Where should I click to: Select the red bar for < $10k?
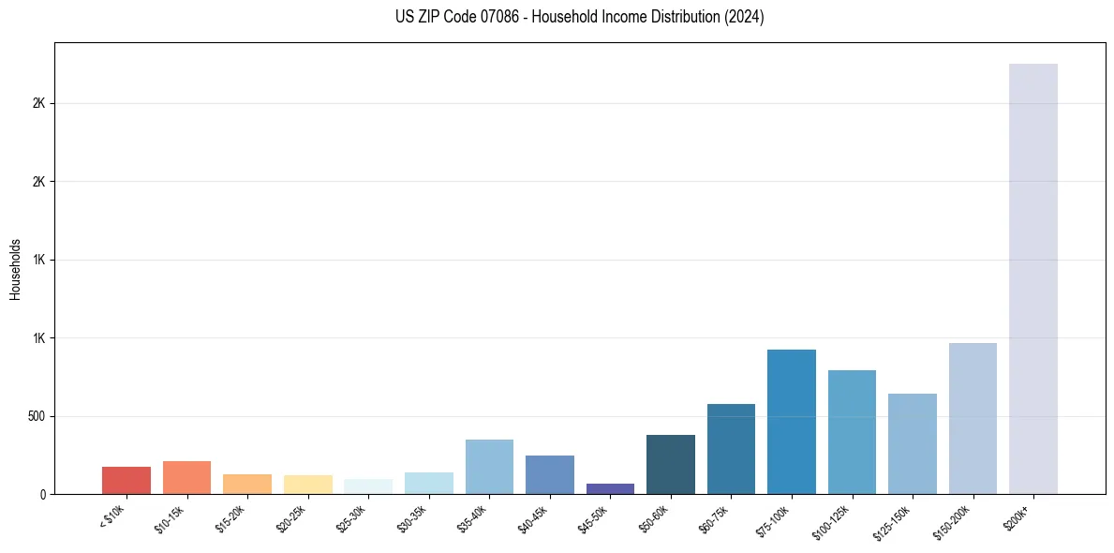pyautogui.click(x=126, y=480)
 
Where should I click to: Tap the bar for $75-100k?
pyautogui.click(x=792, y=422)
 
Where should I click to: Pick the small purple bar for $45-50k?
pyautogui.click(x=610, y=488)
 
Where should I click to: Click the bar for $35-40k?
pyautogui.click(x=489, y=467)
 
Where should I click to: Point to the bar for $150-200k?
pyautogui.click(x=973, y=418)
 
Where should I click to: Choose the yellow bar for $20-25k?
pyautogui.click(x=308, y=484)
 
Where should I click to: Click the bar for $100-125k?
pyautogui.click(x=852, y=432)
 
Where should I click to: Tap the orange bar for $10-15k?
pyautogui.click(x=186, y=477)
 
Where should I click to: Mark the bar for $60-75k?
pyautogui.click(x=731, y=449)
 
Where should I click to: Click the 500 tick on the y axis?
pyautogui.click(x=36, y=416)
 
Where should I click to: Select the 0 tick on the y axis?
pyautogui.click(x=42, y=494)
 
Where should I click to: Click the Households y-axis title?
pyautogui.click(x=15, y=268)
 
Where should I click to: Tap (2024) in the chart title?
pyautogui.click(x=745, y=17)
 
